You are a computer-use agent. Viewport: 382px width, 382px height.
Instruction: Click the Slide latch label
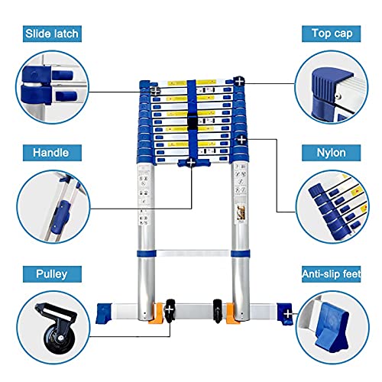coord(52,34)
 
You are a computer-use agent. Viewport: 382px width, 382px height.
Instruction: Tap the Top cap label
coord(331,34)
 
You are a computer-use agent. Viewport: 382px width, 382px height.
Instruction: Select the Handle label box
coord(52,153)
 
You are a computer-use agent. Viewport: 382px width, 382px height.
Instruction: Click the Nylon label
coord(331,153)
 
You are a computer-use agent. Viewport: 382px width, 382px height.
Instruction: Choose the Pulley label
coord(52,274)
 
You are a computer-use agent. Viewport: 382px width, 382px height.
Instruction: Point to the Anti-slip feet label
coord(331,274)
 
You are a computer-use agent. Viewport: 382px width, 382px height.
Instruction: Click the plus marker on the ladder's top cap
coord(239,82)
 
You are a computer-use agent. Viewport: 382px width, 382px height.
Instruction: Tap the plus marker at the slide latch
coord(155,91)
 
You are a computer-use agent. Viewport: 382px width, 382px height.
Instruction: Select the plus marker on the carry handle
coord(191,163)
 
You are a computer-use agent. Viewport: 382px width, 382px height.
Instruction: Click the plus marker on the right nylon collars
coord(241,140)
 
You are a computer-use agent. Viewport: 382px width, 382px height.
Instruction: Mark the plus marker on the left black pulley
coord(170,309)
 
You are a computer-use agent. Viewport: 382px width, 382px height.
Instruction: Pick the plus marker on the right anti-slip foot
coord(288,314)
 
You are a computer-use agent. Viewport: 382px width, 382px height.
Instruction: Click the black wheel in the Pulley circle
coord(60,338)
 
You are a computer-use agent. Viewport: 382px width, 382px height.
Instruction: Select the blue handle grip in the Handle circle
coord(60,217)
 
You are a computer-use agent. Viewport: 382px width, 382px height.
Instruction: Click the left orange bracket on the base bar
coord(157,313)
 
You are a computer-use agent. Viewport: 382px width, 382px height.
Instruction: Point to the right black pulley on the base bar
coord(217,311)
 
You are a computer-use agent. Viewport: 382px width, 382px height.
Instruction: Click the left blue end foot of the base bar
coord(104,313)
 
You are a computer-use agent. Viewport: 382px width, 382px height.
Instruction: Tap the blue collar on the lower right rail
coord(241,254)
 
